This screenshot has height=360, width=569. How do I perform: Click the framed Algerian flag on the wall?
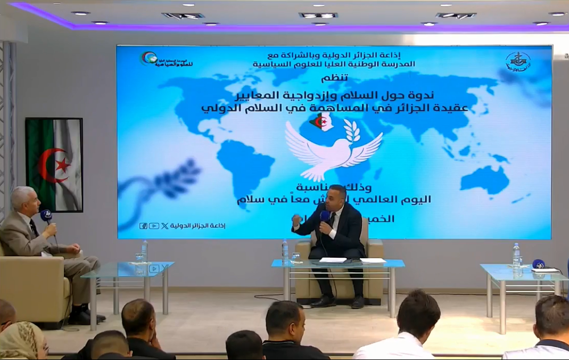54,165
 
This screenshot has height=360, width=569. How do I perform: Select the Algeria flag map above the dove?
323,123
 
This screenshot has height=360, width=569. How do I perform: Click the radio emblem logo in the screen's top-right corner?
517,62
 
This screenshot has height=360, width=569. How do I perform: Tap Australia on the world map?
485,178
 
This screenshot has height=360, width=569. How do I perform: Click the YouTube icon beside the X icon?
154,226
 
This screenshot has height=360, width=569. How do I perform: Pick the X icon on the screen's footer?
164,226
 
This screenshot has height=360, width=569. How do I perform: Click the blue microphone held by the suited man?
324,216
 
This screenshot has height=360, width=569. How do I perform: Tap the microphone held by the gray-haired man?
46,216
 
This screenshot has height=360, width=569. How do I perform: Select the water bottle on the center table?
285,251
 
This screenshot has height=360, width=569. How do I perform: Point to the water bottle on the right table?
516,256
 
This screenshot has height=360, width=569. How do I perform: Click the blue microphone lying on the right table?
539,264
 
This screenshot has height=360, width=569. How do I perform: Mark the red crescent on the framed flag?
47,165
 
